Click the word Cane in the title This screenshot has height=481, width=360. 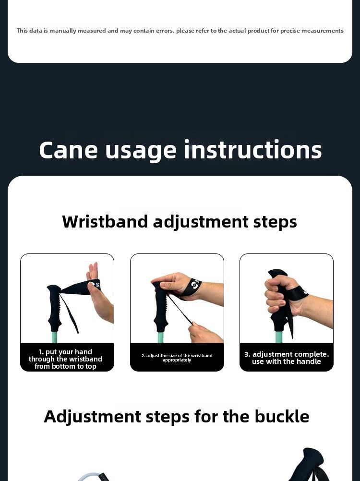click(68, 150)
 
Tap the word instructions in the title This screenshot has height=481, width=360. click(252, 149)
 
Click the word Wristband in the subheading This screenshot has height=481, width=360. click(105, 221)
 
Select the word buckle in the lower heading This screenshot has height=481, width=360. click(282, 416)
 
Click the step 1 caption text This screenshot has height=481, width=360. click(65, 359)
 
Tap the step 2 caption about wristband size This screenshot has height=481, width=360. click(177, 358)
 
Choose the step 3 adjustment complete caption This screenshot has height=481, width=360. click(287, 358)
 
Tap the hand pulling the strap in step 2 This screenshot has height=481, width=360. click(205, 333)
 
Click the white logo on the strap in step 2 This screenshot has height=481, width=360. click(195, 284)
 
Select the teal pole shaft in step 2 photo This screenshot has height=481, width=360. click(161, 337)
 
